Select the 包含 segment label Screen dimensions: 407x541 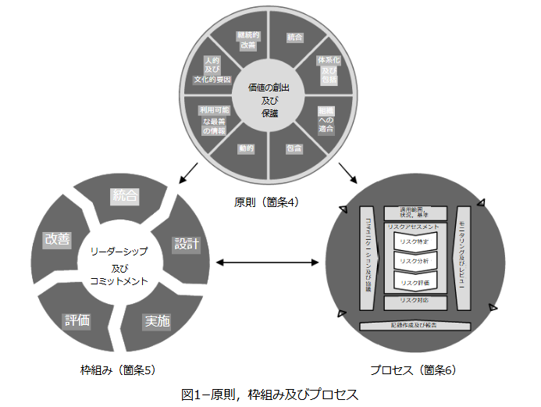coord(294,148)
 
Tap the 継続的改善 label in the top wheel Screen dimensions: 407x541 coord(247,41)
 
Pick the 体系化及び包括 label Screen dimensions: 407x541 coord(326,71)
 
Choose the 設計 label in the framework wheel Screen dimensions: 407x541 coord(184,244)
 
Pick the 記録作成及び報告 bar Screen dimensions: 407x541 coord(414,325)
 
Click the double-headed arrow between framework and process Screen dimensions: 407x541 coord(269,262)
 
